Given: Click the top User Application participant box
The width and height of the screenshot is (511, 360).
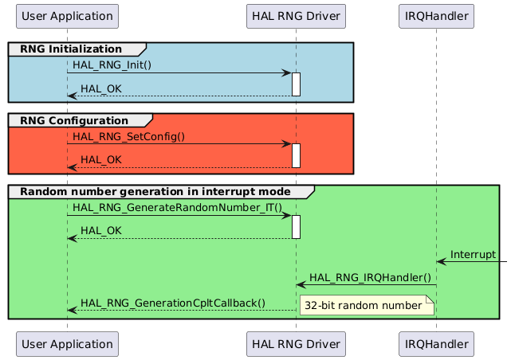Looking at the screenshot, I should (x=67, y=15).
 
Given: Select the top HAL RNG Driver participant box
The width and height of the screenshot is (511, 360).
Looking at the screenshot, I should (x=295, y=15).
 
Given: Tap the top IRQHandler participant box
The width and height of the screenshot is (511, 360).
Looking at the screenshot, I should (x=436, y=15).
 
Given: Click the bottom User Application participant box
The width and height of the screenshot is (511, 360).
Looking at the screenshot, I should (x=67, y=344).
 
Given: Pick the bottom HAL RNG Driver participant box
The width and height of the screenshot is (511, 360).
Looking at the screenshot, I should (x=295, y=344).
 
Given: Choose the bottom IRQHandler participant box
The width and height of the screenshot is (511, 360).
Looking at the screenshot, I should (x=436, y=344).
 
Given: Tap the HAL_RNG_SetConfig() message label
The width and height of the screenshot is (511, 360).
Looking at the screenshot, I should (x=128, y=136).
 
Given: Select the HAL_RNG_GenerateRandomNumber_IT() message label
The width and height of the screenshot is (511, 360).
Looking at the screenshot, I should (x=177, y=207).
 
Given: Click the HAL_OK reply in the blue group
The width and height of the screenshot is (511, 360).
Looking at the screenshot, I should (x=101, y=88).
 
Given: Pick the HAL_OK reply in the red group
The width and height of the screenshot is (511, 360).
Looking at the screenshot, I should (x=101, y=160).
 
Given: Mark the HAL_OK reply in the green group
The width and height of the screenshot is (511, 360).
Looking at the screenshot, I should (x=101, y=231).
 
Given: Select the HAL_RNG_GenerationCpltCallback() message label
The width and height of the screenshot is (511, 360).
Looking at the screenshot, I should (x=173, y=303).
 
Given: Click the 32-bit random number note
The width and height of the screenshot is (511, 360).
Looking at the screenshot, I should (x=364, y=305).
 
